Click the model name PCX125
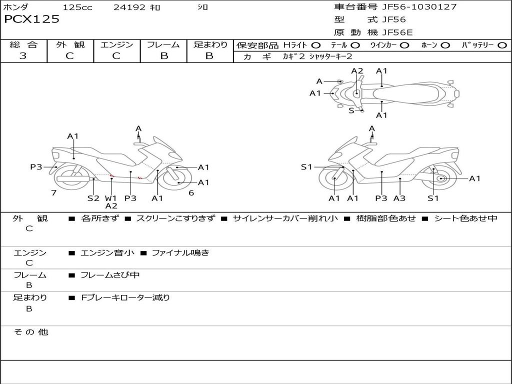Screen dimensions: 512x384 (x=31, y=19)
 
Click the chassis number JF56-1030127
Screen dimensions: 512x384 (x=419, y=7)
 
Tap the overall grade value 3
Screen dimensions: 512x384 (x=23, y=56)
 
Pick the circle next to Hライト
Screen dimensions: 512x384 (x=316, y=45)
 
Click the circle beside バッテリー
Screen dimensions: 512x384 (x=502, y=45)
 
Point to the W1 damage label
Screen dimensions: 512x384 (x=110, y=198)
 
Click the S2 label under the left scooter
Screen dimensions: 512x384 (x=93, y=198)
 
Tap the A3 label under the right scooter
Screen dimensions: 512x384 (x=399, y=198)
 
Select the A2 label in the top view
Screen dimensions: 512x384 (x=357, y=71)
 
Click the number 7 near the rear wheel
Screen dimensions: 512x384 (x=54, y=193)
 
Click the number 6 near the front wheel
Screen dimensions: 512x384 (x=191, y=193)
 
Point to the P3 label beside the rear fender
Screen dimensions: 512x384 (x=36, y=167)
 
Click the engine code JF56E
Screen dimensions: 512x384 (x=397, y=32)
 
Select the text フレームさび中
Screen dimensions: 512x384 (x=110, y=275)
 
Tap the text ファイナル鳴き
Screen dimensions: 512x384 (x=180, y=252)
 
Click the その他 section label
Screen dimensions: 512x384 (x=31, y=332)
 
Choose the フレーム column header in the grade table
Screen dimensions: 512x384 (x=163, y=44)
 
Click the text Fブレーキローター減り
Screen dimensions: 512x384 (x=125, y=298)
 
